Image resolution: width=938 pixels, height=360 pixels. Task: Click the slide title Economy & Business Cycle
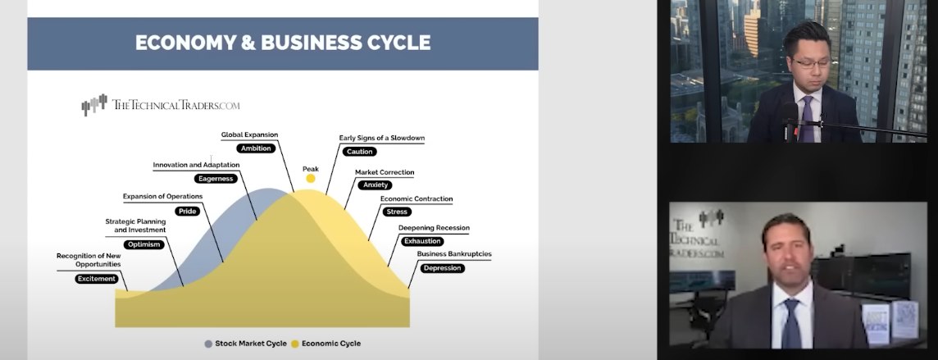pos(282,43)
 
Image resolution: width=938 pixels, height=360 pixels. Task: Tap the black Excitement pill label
pos(97,279)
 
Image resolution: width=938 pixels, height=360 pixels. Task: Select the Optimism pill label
pos(144,244)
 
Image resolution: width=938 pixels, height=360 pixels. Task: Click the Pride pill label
pos(187,211)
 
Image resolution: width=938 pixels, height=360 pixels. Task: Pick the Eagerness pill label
pos(216,178)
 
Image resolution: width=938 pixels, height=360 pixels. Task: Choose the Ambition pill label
pos(256,148)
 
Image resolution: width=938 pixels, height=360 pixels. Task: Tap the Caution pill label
pos(360,152)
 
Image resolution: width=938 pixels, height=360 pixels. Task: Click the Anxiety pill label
pos(376,185)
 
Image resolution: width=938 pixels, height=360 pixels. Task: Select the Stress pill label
pos(397,212)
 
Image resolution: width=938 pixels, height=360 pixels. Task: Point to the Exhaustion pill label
pos(423,241)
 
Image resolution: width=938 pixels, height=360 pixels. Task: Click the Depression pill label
pos(442,268)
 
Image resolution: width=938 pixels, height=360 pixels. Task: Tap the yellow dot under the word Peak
pos(311,178)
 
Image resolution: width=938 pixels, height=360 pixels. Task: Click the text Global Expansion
pos(249,134)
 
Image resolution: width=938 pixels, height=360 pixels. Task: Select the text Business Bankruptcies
pos(454,254)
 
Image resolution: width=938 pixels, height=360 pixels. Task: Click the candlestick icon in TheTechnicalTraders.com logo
pos(94,105)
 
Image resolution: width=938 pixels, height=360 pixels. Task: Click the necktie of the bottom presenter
pos(791,323)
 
